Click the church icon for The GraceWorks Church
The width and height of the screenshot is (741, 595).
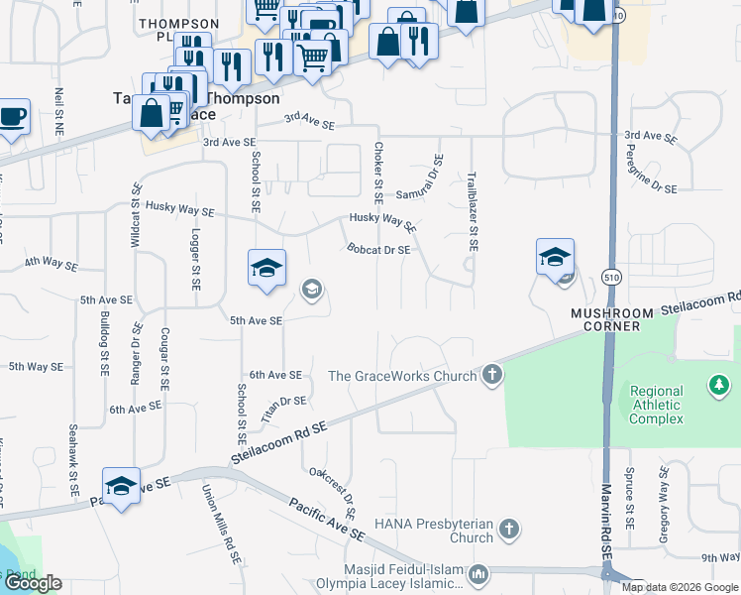(492, 375)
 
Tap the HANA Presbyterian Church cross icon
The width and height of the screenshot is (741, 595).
(509, 529)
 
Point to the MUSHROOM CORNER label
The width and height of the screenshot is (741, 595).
(612, 313)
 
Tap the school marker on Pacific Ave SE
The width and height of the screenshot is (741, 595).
(121, 486)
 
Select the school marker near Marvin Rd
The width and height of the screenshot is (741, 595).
(555, 258)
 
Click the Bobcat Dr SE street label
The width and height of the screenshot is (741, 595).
(377, 250)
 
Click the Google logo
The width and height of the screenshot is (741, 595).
(33, 583)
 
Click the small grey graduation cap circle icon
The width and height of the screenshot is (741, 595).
(311, 289)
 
